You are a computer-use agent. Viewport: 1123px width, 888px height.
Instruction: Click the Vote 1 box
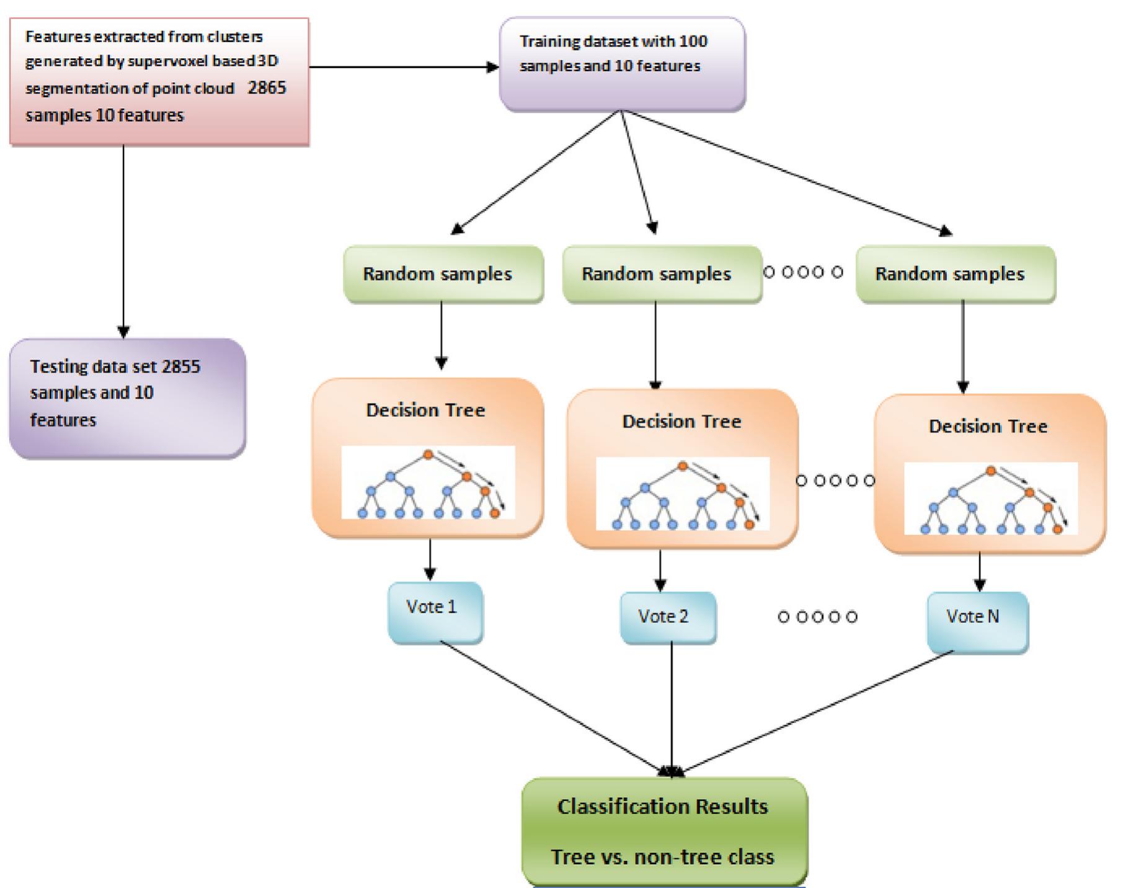(435, 612)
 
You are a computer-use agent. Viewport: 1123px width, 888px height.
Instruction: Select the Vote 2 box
(668, 617)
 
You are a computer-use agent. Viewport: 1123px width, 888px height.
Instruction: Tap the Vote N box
(977, 621)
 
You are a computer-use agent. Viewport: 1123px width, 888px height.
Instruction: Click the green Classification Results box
(664, 832)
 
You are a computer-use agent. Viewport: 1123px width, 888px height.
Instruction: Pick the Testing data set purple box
(127, 398)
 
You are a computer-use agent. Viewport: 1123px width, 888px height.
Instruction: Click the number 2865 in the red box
(267, 87)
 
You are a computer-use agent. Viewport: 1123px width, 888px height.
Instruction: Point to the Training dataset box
(621, 64)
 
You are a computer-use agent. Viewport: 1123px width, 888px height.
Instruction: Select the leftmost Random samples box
(443, 274)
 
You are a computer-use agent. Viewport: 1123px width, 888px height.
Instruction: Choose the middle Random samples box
(662, 274)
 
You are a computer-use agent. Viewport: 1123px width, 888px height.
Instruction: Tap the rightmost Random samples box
(955, 274)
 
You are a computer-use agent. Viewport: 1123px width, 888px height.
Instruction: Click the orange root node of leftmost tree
(428, 455)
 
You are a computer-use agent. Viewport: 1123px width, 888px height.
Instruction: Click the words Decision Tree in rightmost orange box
(987, 427)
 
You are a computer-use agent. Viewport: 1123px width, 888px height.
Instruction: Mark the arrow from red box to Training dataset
(403, 67)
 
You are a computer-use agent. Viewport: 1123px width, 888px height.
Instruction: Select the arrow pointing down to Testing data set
(123, 242)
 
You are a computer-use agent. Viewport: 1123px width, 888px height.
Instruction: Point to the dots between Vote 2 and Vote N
(817, 617)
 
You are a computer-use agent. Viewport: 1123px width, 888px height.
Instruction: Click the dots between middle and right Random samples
(803, 272)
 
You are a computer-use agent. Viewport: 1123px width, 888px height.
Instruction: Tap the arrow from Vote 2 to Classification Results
(672, 707)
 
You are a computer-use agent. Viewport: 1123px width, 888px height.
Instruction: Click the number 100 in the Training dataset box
(693, 42)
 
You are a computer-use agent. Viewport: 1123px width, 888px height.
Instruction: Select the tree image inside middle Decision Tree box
(682, 494)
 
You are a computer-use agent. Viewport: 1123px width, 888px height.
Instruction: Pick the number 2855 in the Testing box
(180, 366)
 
